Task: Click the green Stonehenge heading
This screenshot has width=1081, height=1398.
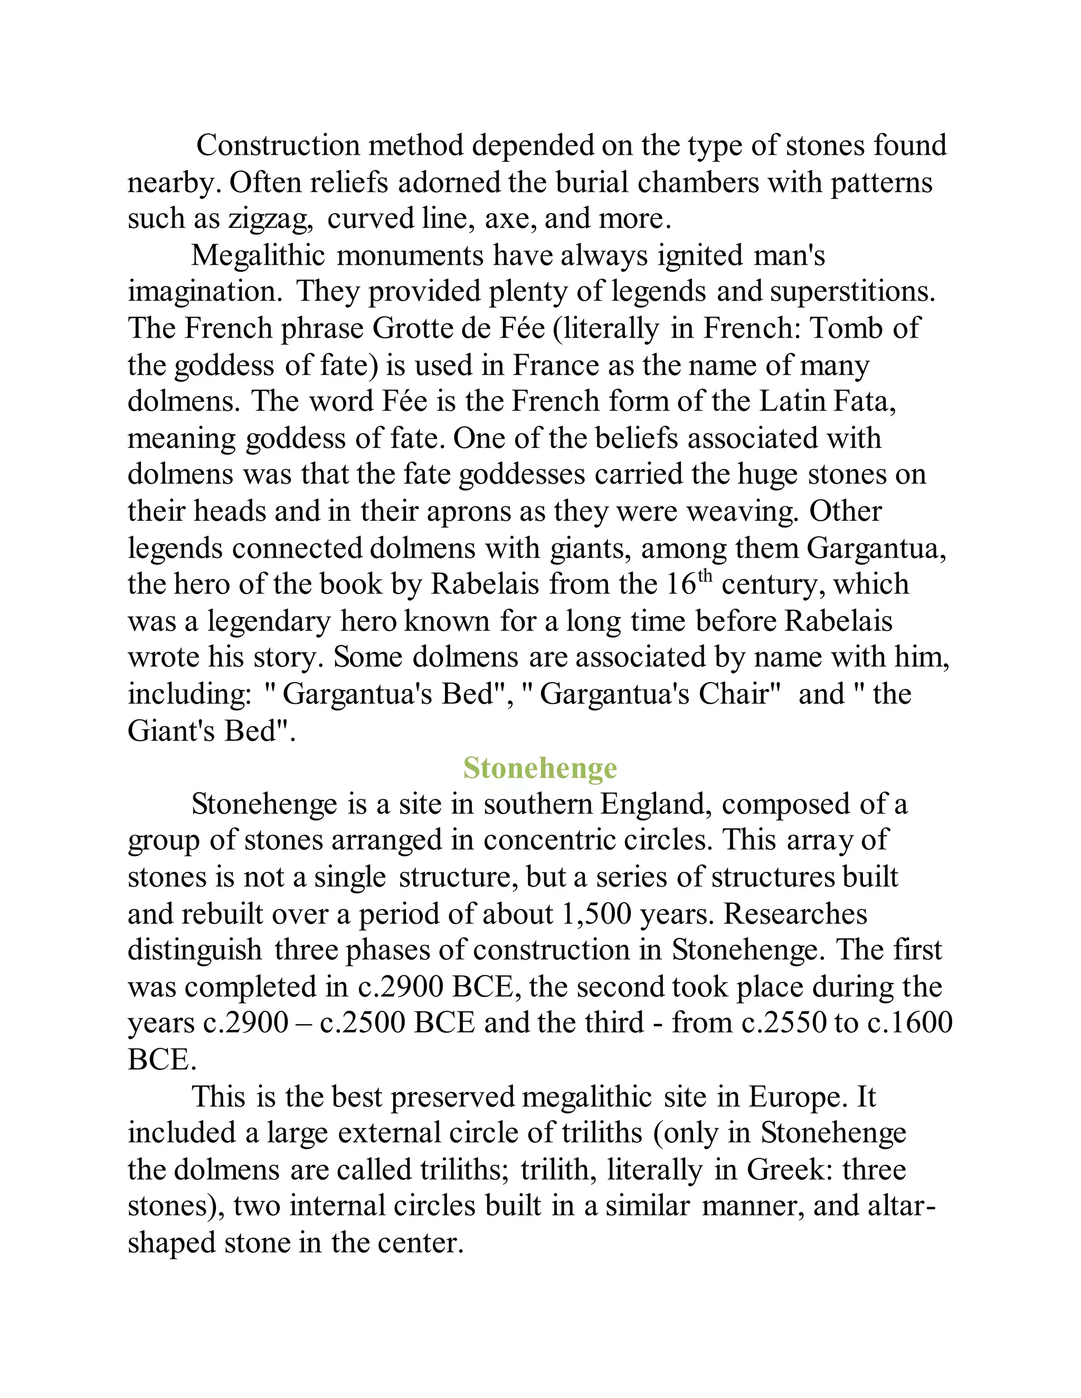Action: [x=540, y=768]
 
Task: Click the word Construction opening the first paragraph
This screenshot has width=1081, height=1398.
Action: [x=278, y=146]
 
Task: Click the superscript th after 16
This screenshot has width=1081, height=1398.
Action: [x=705, y=576]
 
